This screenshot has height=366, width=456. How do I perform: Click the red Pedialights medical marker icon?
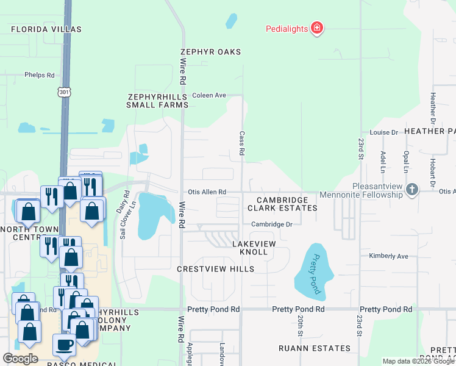(316, 28)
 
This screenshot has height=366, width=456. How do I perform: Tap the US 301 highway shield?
(64, 91)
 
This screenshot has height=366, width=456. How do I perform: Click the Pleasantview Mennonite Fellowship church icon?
(412, 189)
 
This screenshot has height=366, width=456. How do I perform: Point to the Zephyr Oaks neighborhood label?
(210, 52)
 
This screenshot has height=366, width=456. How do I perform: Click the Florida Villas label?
(46, 29)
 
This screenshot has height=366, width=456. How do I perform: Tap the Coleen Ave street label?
(209, 95)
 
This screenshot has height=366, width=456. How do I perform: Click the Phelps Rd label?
(40, 75)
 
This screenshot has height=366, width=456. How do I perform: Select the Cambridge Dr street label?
(272, 224)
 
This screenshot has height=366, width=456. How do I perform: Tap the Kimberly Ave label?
(388, 256)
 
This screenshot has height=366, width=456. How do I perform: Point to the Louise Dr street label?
(383, 132)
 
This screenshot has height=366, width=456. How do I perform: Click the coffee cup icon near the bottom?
(65, 344)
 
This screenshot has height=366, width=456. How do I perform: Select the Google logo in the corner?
(20, 359)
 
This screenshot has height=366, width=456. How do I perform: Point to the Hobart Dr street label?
(432, 174)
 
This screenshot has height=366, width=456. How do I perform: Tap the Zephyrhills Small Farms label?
(157, 101)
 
